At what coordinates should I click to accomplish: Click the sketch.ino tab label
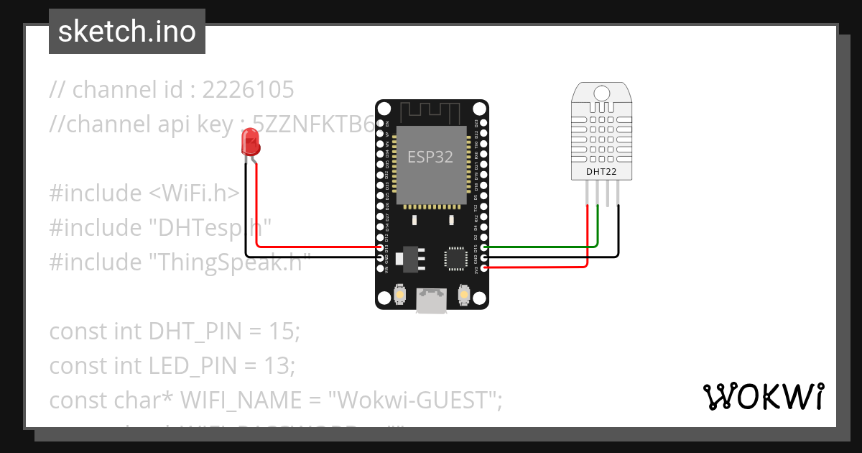[x=127, y=32]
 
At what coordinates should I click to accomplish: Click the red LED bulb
[x=250, y=141]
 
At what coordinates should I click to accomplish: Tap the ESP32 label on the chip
[x=430, y=157]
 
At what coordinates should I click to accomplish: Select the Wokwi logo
[x=763, y=396]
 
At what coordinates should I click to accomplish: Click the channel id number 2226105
[x=248, y=90]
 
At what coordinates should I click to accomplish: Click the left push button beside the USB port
[x=400, y=294]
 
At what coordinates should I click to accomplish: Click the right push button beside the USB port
[x=463, y=294]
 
